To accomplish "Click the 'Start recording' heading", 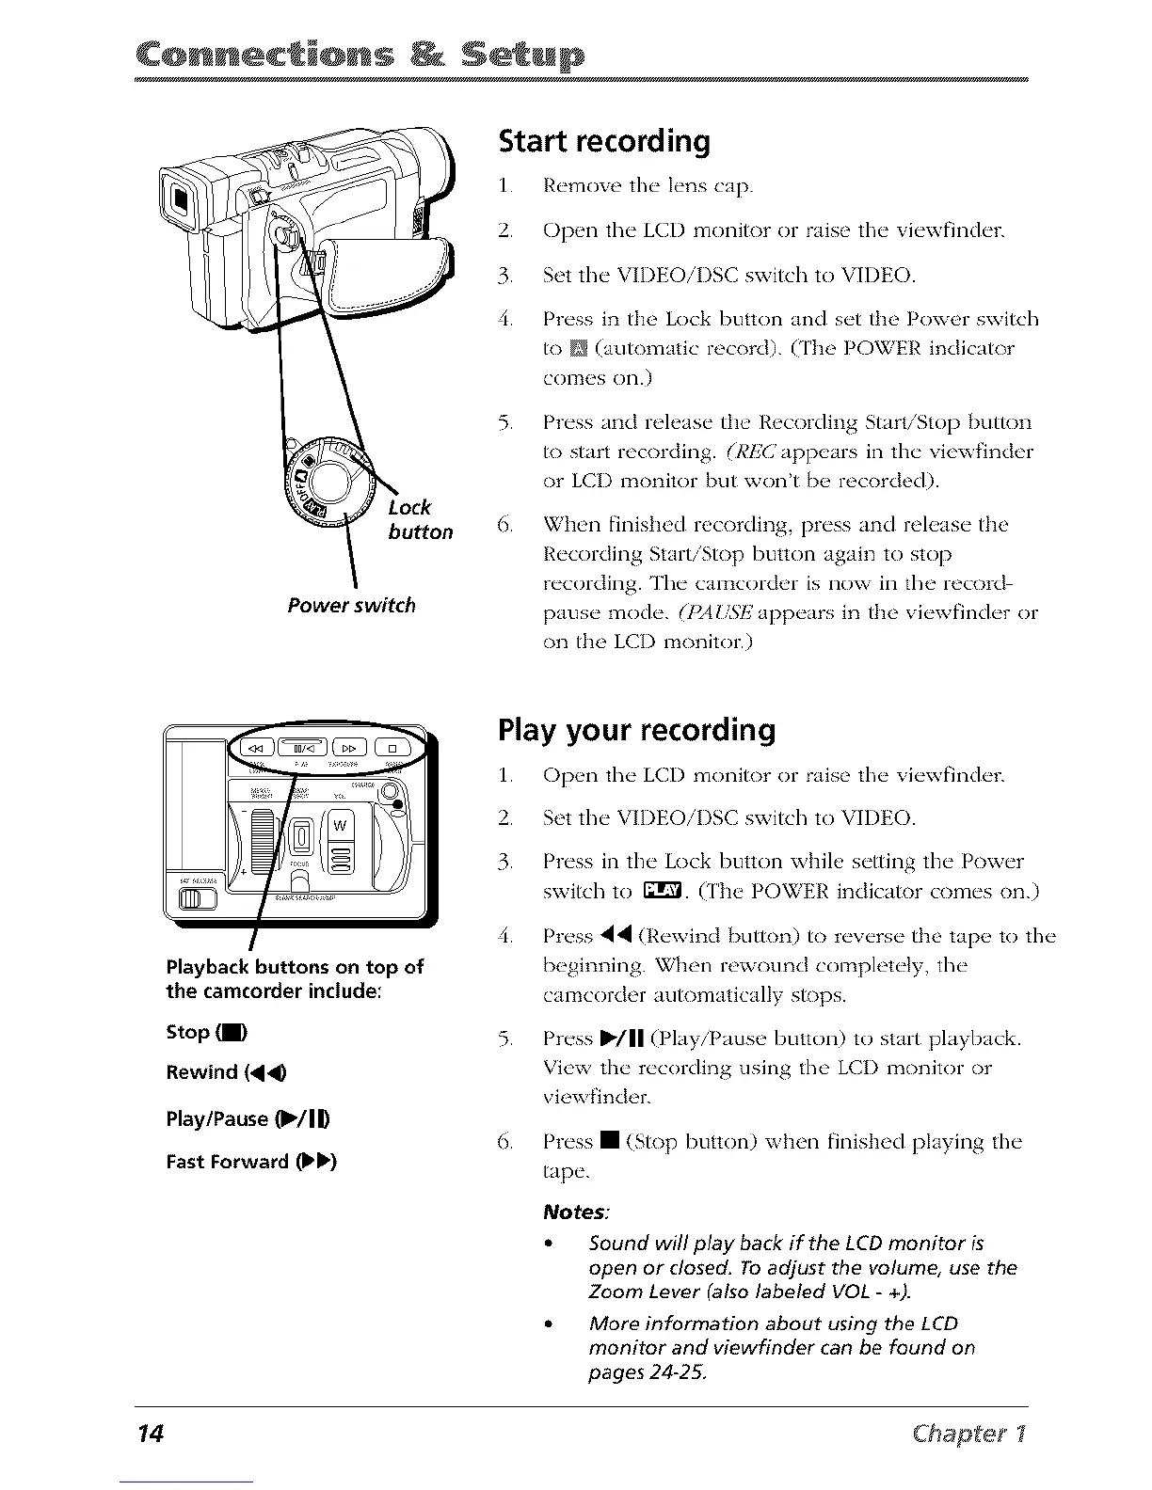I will click(x=603, y=141).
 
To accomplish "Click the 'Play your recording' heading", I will click(x=636, y=731).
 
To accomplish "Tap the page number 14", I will click(x=150, y=1434).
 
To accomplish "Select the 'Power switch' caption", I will click(x=351, y=605).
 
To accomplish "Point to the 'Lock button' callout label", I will click(x=419, y=520).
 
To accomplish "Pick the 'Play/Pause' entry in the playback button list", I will click(x=247, y=1118).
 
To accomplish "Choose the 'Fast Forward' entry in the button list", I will click(x=250, y=1161).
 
